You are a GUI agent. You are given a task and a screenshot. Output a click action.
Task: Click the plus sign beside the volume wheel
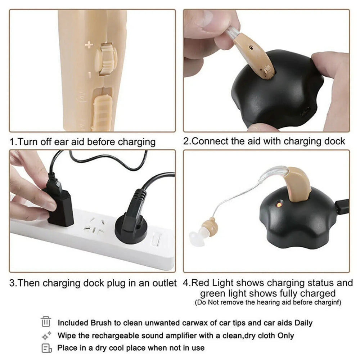(89, 45)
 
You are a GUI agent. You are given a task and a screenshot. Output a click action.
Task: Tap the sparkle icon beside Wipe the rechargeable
(47, 336)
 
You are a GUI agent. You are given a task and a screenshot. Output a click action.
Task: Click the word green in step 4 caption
(214, 293)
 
